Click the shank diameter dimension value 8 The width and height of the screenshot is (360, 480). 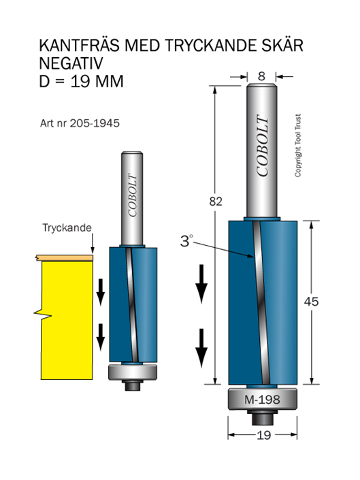coord(261,76)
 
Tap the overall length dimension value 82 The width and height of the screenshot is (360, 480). coord(216,202)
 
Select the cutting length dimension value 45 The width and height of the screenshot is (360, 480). coord(312,302)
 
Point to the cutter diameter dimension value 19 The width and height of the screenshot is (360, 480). coord(263,435)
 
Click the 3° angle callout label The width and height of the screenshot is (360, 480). coord(186,241)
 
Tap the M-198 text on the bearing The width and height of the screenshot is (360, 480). coord(262,400)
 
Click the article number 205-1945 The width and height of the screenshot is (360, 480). coord(95,123)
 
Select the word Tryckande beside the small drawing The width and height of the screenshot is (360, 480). coord(67,228)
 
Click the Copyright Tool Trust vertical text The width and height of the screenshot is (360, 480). coord(297,146)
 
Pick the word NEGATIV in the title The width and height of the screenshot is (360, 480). coord(71,63)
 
